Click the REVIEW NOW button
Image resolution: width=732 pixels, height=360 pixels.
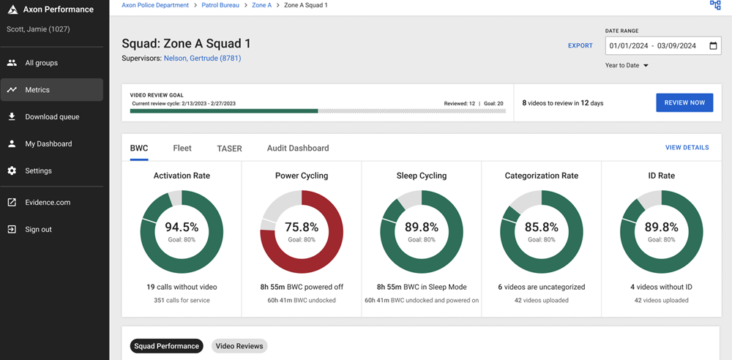[x=684, y=102]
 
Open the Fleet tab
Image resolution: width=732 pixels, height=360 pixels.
[x=182, y=148]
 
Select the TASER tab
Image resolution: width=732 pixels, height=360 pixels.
[x=229, y=148]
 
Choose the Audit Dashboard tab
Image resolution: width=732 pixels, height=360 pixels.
[x=298, y=148]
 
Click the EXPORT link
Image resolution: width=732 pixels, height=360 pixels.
[x=580, y=45]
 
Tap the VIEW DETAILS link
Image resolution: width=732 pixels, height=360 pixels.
[x=687, y=148]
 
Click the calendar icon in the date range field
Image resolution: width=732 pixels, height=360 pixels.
[x=714, y=45]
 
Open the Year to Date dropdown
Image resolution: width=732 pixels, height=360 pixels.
[x=627, y=65]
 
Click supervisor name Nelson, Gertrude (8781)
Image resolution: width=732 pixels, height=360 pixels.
[x=202, y=59]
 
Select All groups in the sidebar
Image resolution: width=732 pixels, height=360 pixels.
[x=41, y=63]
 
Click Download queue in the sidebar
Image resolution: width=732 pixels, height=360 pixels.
[x=52, y=117]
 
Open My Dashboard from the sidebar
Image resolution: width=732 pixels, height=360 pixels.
[x=48, y=144]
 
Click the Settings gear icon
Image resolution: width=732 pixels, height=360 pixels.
[x=12, y=171]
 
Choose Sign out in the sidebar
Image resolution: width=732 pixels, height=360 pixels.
[x=38, y=230]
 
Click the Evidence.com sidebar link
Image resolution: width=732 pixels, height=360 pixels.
[x=48, y=203]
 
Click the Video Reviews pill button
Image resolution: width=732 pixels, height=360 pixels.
[x=239, y=346]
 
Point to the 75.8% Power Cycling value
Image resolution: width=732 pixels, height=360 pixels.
[x=301, y=228]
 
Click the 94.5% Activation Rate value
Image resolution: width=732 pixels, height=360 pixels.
[x=182, y=228]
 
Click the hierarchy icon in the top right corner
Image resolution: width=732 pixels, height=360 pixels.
[x=715, y=5]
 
